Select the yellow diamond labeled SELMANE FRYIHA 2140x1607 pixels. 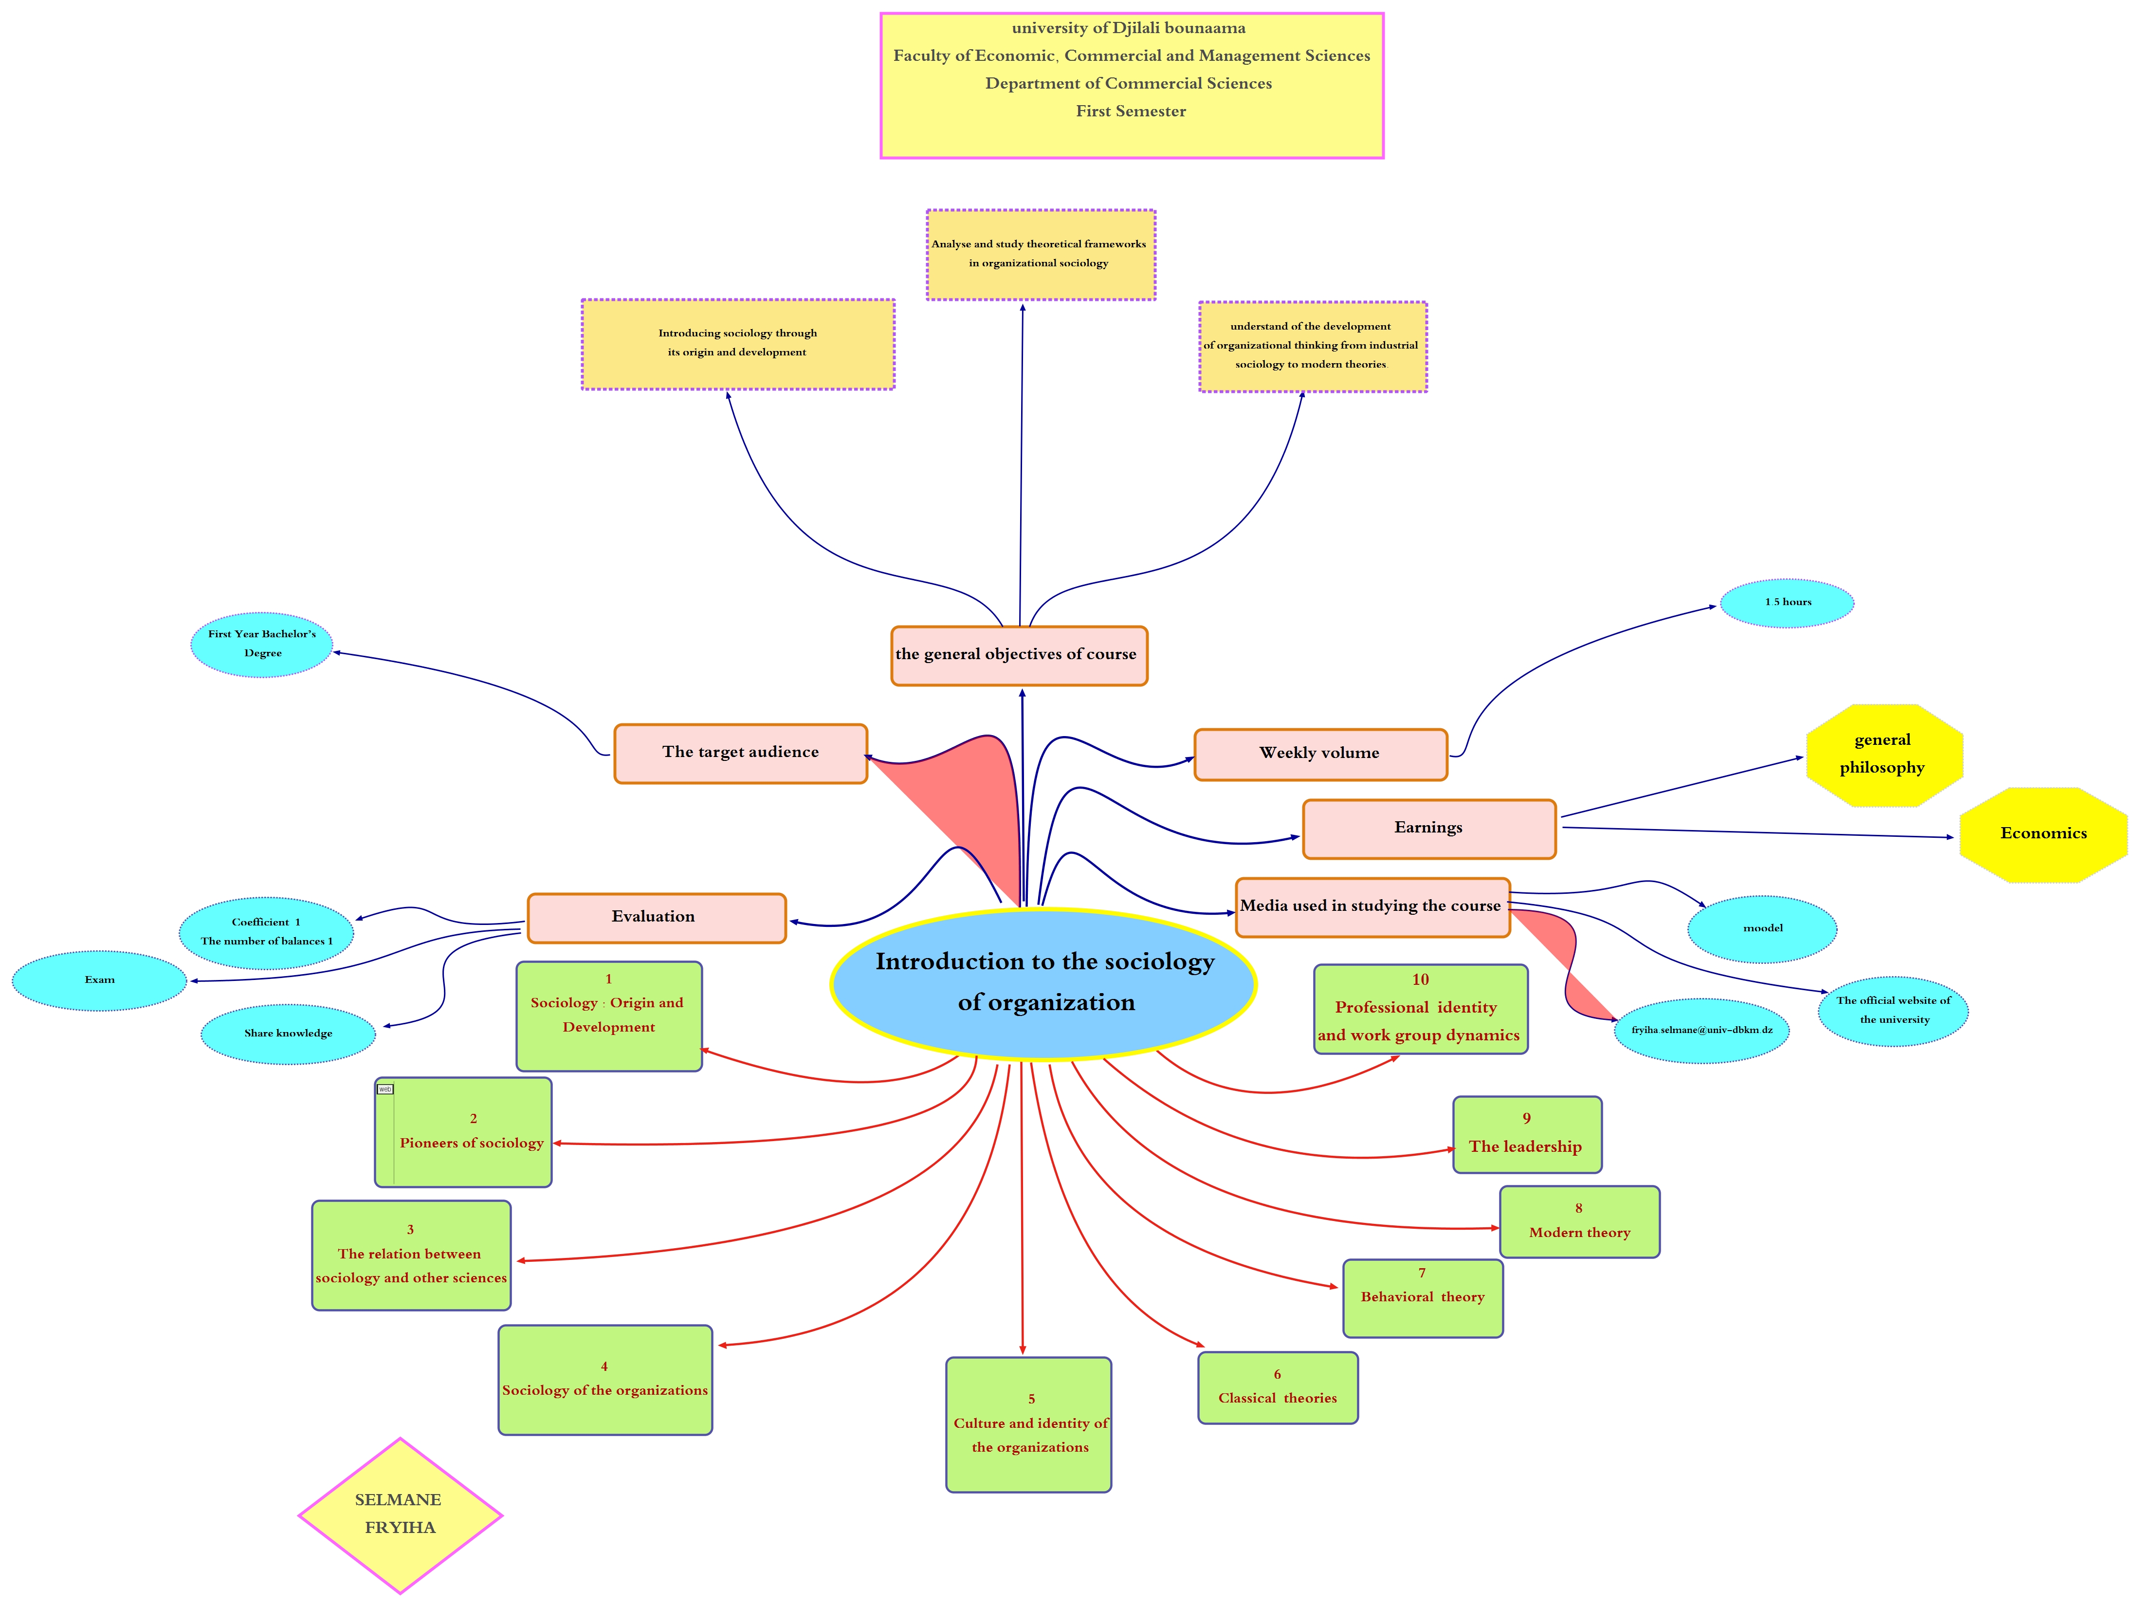click(400, 1514)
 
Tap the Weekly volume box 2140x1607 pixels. click(1320, 754)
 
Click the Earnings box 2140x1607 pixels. click(1429, 828)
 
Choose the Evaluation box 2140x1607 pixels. click(656, 917)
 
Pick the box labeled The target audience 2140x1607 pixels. click(740, 753)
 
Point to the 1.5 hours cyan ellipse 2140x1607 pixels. click(1787, 603)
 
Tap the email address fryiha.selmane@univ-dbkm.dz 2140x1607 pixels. click(1702, 1031)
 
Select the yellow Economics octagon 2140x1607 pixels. click(2043, 834)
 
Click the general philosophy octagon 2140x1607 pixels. click(1883, 755)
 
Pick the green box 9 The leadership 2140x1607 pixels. click(1527, 1135)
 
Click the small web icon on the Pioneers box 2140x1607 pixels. click(385, 1090)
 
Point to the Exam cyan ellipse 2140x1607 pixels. click(100, 980)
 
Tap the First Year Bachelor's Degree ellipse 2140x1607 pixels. click(262, 645)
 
